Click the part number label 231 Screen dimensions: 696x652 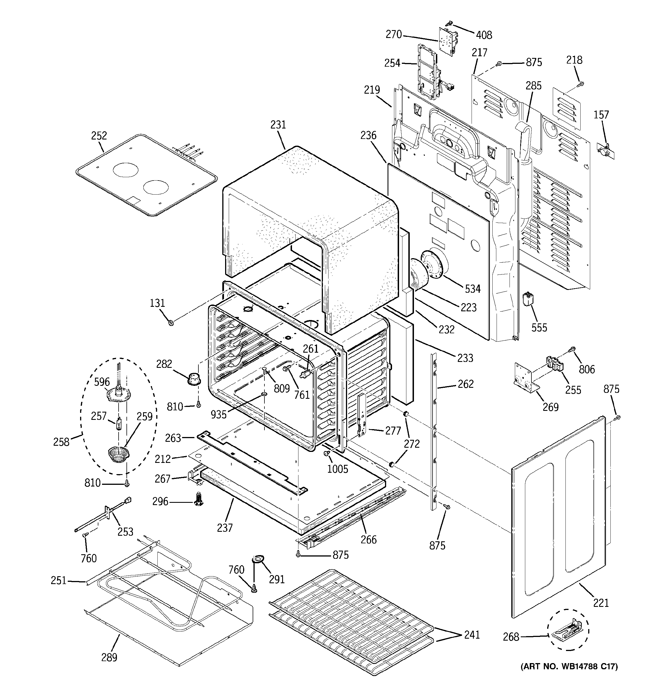tap(278, 125)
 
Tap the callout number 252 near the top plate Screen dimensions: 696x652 tap(99, 136)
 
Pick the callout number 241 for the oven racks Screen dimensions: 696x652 tap(472, 635)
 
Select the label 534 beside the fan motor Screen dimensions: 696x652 tap(472, 289)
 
